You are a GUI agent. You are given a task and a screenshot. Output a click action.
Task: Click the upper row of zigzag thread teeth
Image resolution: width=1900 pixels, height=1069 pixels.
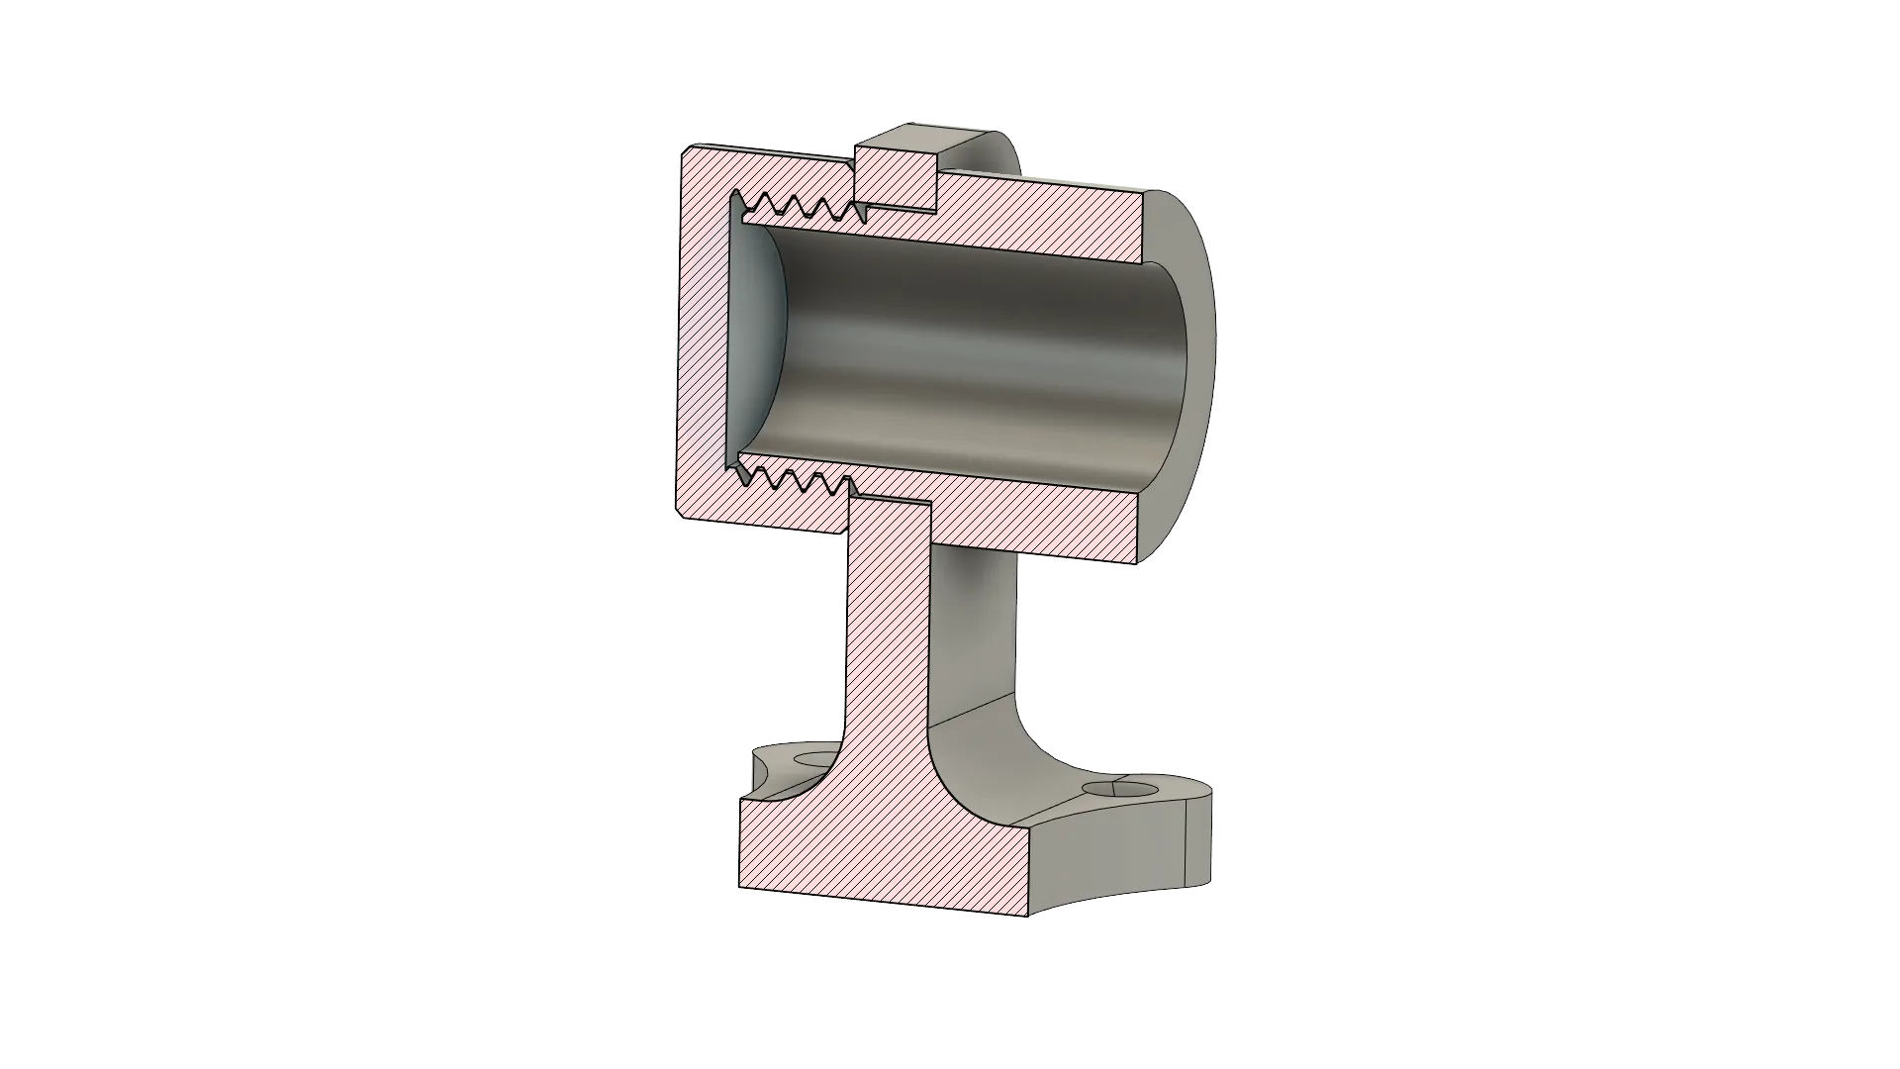802,207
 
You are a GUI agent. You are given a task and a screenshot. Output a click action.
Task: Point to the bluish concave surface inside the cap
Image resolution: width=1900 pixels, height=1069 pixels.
757,337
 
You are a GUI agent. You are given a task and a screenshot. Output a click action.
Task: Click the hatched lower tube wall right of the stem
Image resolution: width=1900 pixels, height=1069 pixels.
1039,525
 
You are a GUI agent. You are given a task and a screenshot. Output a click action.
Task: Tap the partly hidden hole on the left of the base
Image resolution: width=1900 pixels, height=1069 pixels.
815,760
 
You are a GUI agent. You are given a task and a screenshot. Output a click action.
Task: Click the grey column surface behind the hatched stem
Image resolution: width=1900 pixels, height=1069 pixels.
975,633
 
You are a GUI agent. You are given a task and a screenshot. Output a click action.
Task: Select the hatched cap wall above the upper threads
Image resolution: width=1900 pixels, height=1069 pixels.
772,168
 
